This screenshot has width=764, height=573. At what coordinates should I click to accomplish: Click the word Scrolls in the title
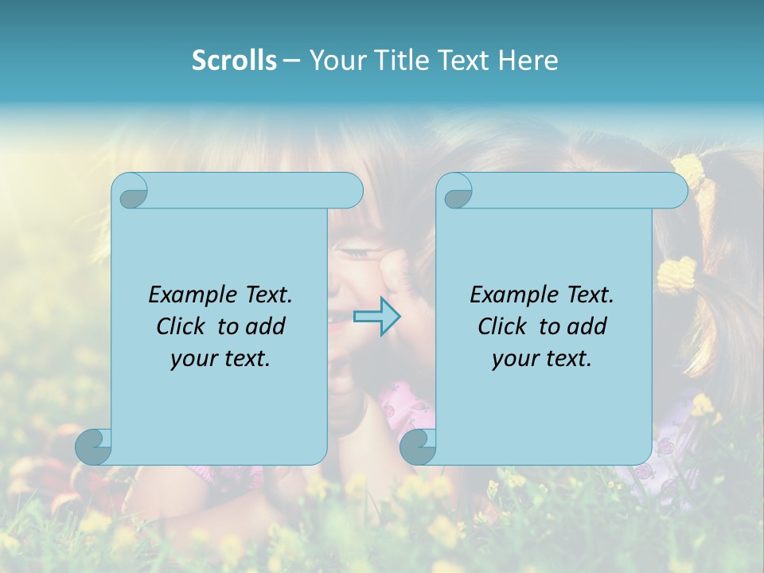(234, 60)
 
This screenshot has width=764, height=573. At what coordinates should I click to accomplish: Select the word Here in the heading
(528, 60)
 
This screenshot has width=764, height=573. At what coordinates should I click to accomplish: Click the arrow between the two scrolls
(376, 317)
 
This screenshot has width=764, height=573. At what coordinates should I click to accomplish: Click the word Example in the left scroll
(190, 295)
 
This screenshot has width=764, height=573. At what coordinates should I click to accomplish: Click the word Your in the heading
(337, 60)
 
